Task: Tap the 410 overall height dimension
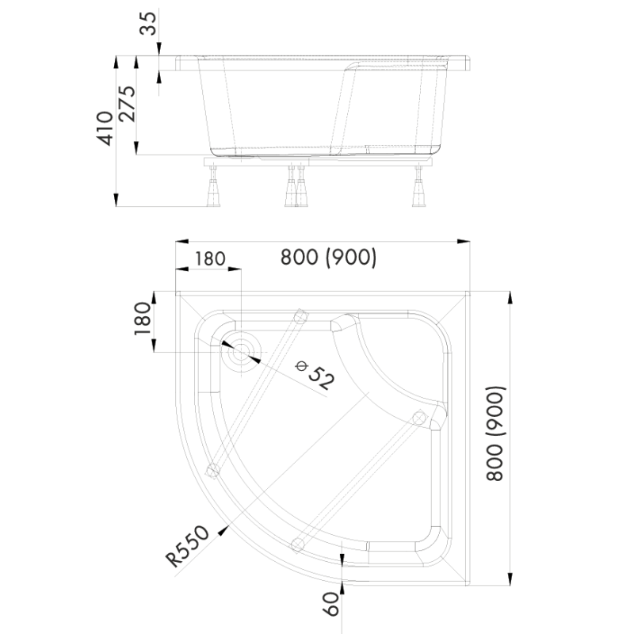pos(105,128)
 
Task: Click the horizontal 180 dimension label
pos(209,259)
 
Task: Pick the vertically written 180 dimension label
pos(143,319)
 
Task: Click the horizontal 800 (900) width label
pos(327,258)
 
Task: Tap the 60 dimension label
pos(332,607)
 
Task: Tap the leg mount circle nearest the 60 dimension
pos(298,543)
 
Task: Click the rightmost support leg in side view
pos(417,190)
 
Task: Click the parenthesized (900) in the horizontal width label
pos(349,258)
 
